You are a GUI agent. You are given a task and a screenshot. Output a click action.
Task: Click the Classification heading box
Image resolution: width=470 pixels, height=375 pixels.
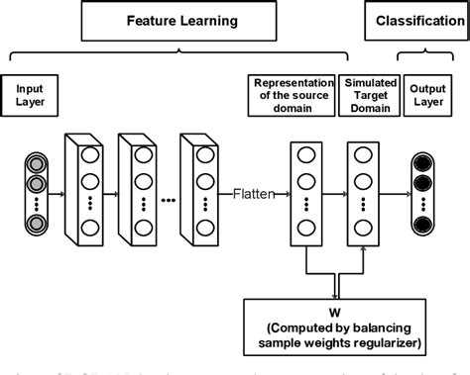click(416, 20)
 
